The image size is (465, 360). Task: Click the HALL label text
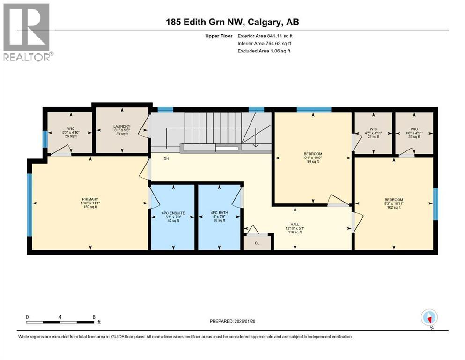295,228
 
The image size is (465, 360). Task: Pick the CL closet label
257,243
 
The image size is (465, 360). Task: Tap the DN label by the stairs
166,158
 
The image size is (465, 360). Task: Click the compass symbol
429,317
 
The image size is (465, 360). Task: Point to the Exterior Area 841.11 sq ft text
266,36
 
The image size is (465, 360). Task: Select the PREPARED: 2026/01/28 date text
233,321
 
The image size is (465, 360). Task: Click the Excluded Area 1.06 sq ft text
264,51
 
